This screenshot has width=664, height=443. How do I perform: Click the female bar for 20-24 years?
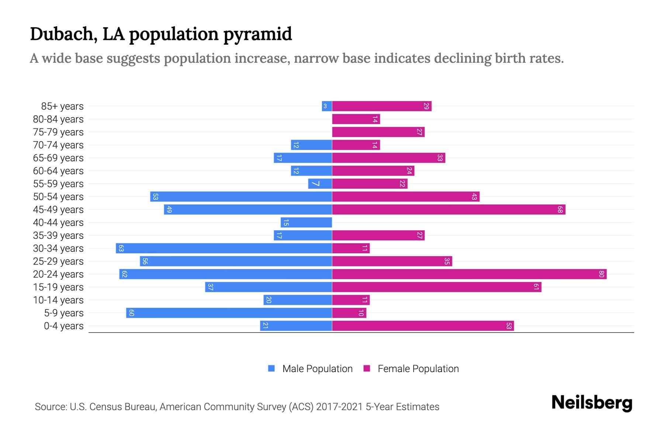[x=469, y=274]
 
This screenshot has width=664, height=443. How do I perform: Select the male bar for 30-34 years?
[x=224, y=248]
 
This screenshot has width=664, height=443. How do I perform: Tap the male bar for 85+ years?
[x=327, y=106]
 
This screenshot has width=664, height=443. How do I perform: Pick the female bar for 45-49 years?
[x=449, y=210]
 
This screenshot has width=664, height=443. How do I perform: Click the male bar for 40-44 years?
[x=306, y=223]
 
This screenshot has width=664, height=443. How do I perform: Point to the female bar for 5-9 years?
[x=349, y=313]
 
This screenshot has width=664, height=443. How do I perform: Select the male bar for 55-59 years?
[x=320, y=184]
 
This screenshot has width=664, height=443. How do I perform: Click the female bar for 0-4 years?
[x=423, y=326]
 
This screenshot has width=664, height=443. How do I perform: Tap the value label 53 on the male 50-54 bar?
[x=155, y=197]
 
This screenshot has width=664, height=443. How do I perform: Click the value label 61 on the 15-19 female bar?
[x=536, y=287]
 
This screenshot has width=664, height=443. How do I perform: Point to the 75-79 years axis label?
[x=58, y=132]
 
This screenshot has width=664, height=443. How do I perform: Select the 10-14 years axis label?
[x=58, y=300]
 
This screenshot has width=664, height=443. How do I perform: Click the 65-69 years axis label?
[x=58, y=158]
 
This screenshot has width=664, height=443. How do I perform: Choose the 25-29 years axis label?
[x=58, y=261]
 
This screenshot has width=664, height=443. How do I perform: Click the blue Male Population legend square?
[x=272, y=368]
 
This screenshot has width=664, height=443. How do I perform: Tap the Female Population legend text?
[x=418, y=369]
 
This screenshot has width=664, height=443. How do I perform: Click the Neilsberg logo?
[x=592, y=403]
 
